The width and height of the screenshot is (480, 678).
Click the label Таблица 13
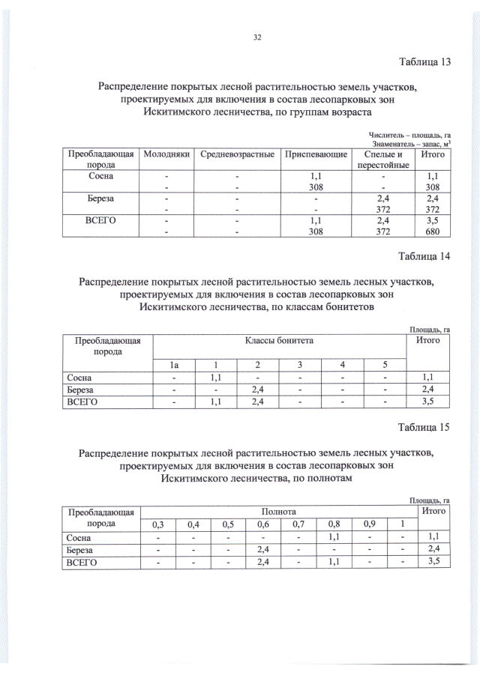coord(424,62)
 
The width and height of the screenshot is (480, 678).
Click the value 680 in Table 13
coord(432,231)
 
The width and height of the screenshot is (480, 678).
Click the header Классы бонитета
coord(279,341)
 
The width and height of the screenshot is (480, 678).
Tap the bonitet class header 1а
coord(174,365)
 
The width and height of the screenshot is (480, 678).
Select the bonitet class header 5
coord(385,365)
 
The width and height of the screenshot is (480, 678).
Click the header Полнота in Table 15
coord(279,510)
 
